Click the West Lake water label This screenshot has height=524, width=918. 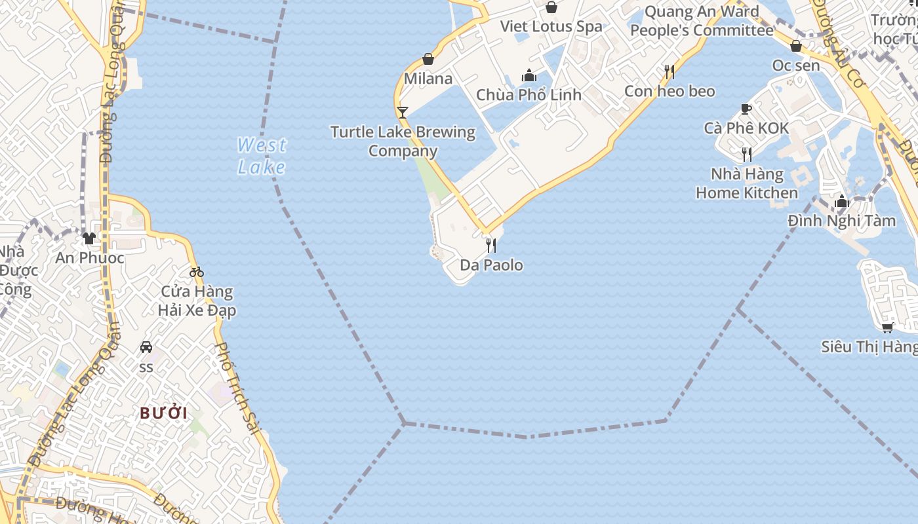262,156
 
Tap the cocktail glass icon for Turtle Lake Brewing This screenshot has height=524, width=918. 403,113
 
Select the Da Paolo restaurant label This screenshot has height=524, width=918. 491,265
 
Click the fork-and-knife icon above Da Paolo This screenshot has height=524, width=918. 490,246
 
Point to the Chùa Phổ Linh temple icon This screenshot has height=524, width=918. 529,76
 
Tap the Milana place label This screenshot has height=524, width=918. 428,79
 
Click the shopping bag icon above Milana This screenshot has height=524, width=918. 428,60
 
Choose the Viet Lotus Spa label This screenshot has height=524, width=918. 551,27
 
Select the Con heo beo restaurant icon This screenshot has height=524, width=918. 669,71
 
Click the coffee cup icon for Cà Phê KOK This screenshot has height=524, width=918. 746,109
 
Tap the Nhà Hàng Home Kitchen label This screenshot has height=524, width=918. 747,183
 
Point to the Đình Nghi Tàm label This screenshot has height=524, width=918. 842,221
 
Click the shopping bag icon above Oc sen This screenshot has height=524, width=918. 796,47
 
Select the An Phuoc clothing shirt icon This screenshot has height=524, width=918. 89,238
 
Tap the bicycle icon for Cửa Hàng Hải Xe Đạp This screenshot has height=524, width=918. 197,272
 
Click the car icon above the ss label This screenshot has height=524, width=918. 146,347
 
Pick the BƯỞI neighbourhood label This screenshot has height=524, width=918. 164,413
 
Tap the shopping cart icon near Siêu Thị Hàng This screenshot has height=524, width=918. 888,327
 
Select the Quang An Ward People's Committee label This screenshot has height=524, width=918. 702,21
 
